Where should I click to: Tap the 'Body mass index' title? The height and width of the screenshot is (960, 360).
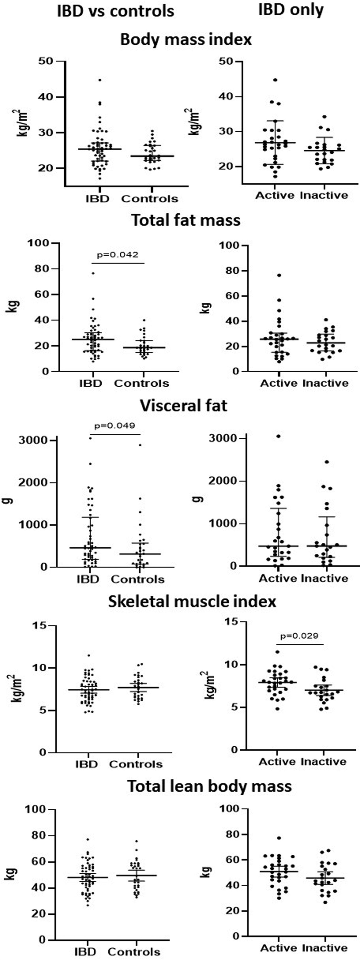(186, 40)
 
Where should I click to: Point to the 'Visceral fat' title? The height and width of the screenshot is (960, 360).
(183, 406)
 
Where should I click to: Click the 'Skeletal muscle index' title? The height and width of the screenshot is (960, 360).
(192, 601)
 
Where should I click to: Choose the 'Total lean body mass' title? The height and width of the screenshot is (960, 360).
(209, 786)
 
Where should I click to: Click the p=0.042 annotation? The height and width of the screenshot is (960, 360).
(117, 255)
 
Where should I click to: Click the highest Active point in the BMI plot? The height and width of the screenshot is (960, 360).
(275, 80)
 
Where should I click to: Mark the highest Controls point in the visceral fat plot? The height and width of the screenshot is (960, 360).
(140, 445)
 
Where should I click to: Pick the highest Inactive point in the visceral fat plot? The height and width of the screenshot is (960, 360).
(327, 462)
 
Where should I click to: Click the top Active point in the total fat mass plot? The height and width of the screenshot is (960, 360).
(279, 275)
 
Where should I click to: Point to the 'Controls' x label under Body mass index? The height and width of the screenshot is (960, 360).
(149, 199)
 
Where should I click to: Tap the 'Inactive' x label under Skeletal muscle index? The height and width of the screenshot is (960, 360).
(323, 762)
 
